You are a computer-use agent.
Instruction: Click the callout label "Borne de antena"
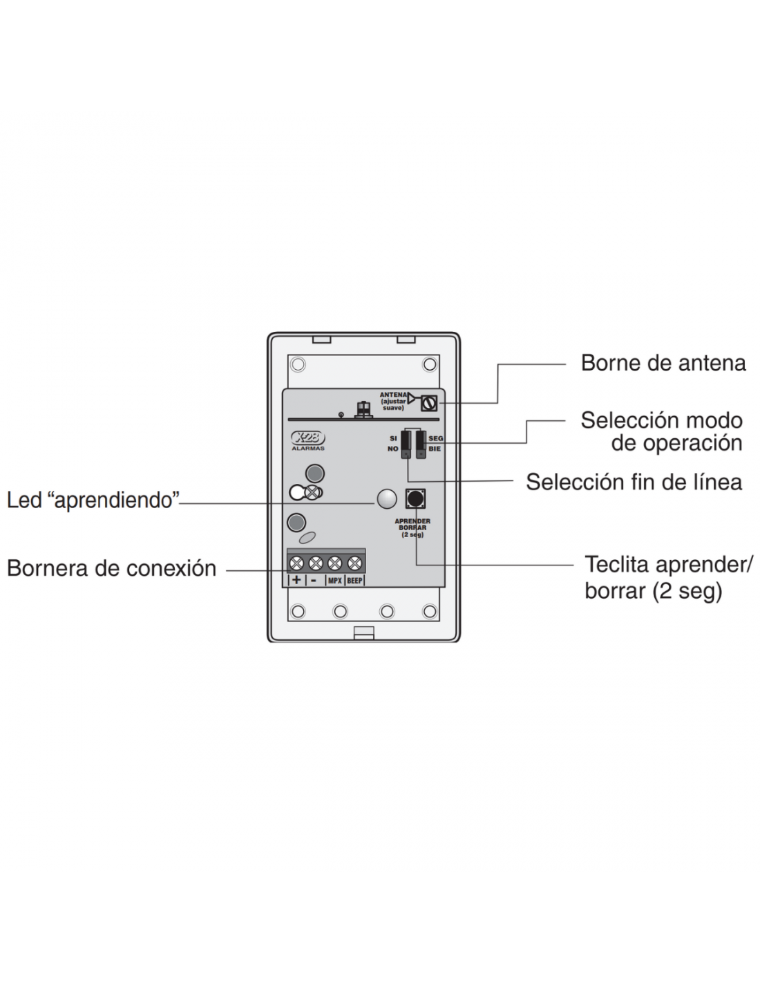click(663, 363)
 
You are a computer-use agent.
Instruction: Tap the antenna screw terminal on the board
click(428, 402)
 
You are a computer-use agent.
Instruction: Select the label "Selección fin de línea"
click(634, 482)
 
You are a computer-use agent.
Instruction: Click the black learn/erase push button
click(415, 498)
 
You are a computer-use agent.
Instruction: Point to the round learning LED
click(386, 499)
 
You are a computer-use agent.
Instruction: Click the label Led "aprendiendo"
click(93, 500)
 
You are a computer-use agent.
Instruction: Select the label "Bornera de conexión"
click(112, 568)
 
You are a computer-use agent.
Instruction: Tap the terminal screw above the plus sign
click(296, 563)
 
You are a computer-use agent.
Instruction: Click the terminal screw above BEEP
click(354, 563)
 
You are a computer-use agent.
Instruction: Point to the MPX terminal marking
click(334, 581)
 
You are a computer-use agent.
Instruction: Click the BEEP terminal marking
click(355, 581)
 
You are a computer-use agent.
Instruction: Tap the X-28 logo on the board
click(308, 438)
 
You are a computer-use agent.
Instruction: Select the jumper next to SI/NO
click(406, 444)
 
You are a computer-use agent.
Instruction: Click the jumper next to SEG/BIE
click(421, 444)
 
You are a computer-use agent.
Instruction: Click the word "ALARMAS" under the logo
click(308, 449)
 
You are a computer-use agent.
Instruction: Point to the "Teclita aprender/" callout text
click(669, 565)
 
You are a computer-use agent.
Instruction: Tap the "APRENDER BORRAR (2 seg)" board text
click(412, 528)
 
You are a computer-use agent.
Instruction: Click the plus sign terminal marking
click(296, 580)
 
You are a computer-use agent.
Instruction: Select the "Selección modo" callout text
click(661, 421)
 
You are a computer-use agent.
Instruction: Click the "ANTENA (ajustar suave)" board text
click(393, 401)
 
